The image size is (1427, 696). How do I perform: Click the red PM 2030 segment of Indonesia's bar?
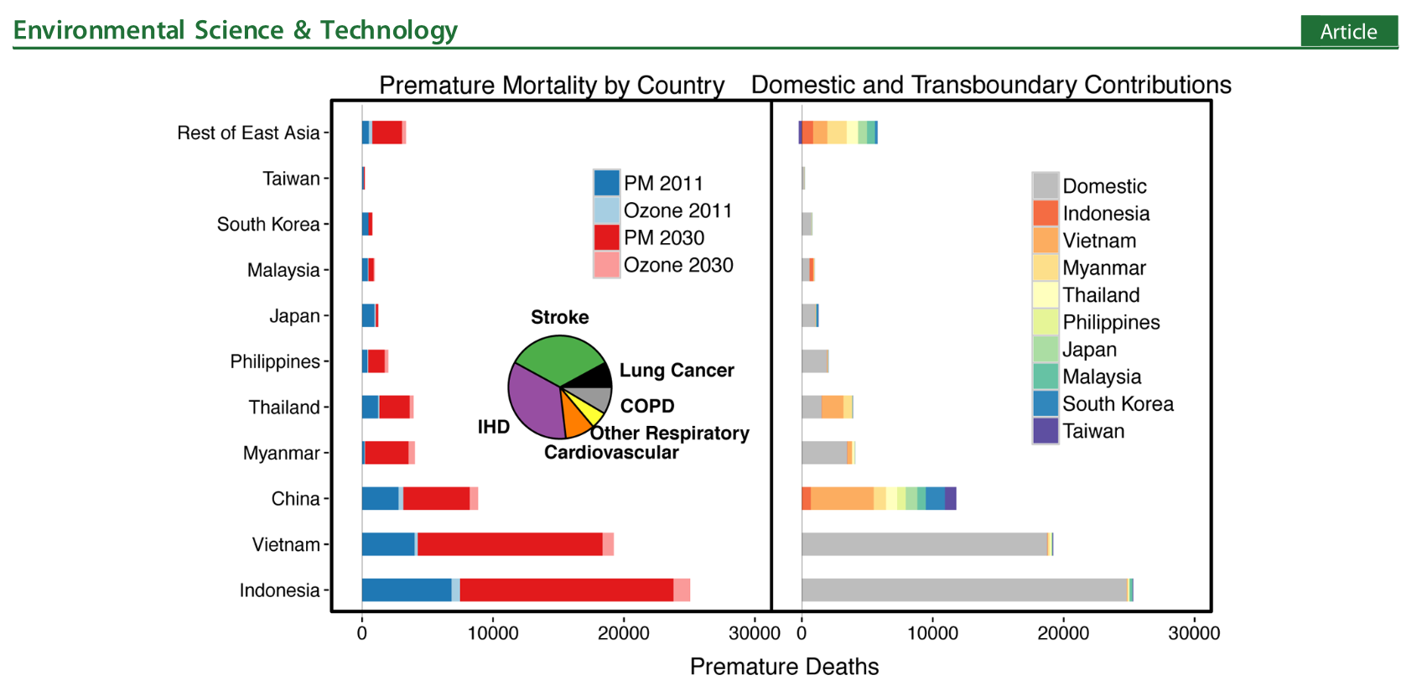[x=566, y=590]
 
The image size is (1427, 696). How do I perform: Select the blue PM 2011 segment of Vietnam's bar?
[x=388, y=544]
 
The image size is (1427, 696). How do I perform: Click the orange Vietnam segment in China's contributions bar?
[x=842, y=498]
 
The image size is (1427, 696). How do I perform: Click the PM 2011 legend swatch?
[x=606, y=183]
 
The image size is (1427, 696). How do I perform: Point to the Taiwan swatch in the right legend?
[x=1046, y=431]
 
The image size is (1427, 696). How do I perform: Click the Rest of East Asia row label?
[x=248, y=132]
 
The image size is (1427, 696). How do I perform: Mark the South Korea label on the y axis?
[x=268, y=224]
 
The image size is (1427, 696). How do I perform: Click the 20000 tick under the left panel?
[x=623, y=633]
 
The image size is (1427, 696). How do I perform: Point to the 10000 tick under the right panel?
[x=932, y=633]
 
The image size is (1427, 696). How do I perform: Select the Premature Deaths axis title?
[x=784, y=667]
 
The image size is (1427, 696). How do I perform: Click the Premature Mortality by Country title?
[x=551, y=85]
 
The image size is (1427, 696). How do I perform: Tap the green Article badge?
[x=1348, y=31]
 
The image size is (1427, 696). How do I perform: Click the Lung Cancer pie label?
[x=677, y=371]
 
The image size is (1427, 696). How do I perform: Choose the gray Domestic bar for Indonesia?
[x=964, y=590]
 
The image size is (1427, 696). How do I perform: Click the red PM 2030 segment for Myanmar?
[x=387, y=453]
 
